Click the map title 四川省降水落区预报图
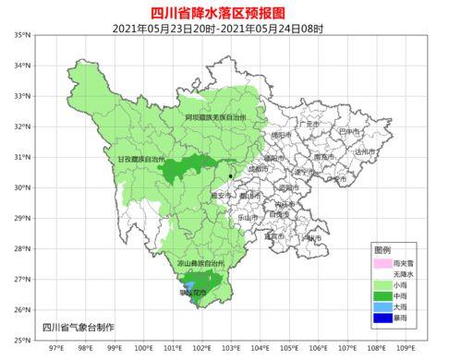coord(230,11)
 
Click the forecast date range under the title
coord(230,27)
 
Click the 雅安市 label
coord(221,195)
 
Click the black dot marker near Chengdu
coord(230,175)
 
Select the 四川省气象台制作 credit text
coord(79,328)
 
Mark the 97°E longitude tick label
coord(55,350)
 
